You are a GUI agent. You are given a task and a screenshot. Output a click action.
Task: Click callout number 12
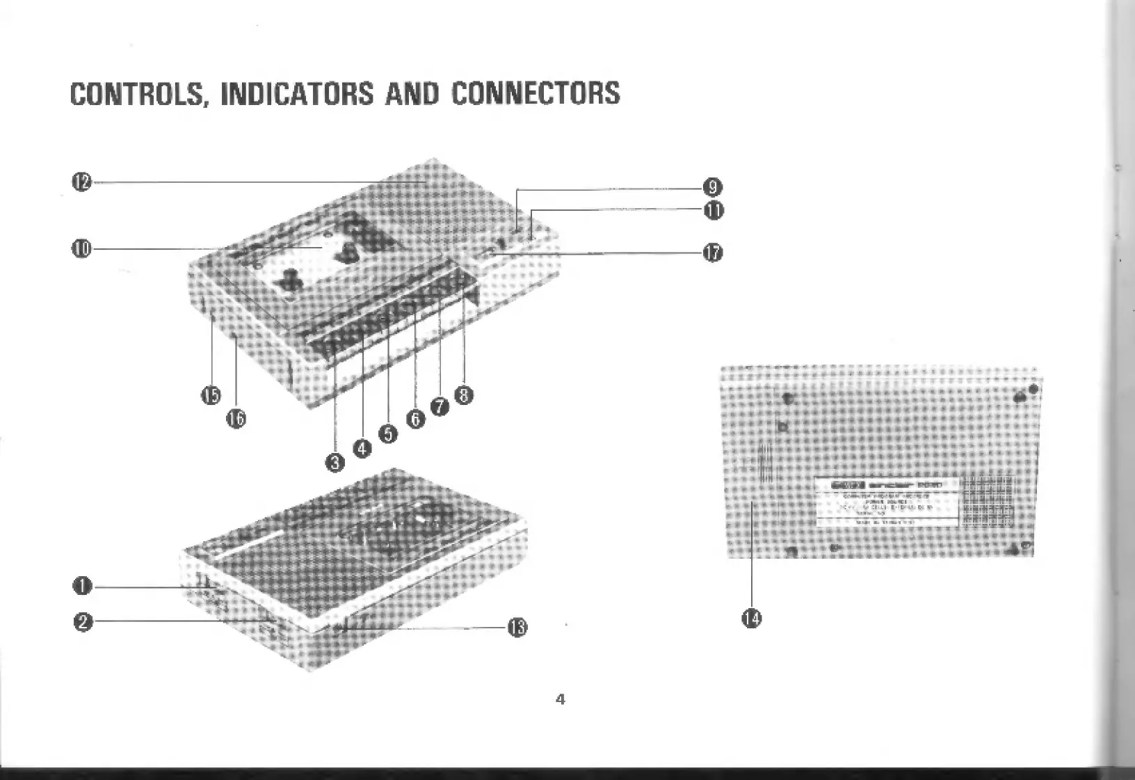coord(81,182)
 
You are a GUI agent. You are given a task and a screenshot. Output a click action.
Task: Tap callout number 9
coord(713,187)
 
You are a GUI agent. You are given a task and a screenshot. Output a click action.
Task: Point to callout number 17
coord(713,253)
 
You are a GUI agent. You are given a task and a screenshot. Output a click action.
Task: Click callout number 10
coord(81,248)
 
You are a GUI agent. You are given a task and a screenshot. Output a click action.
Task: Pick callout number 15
coord(211,395)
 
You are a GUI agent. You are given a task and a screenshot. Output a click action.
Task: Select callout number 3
coord(335,462)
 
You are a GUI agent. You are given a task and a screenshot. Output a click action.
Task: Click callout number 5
coord(388,433)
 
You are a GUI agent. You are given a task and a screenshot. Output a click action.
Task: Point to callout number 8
coord(464,395)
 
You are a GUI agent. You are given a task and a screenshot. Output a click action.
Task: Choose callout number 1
coord(82,586)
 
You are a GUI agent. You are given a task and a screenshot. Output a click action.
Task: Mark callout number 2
coord(82,621)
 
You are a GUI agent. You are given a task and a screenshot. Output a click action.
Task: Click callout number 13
coord(517,628)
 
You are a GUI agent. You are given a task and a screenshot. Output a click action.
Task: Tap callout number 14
coord(752,617)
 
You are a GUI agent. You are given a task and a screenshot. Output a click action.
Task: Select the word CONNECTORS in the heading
coord(536,94)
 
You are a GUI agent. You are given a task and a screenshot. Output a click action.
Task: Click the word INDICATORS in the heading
coord(297,94)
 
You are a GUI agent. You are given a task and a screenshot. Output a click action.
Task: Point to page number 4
coord(561,699)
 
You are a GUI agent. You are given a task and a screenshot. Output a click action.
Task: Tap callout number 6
coord(415,419)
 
